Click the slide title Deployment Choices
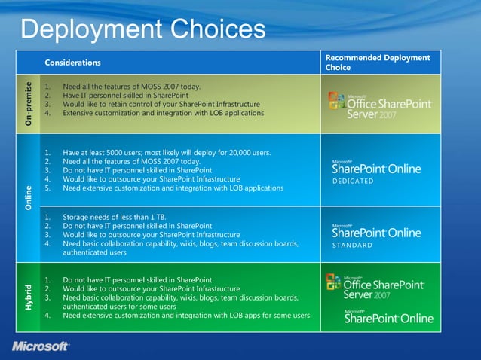(x=143, y=29)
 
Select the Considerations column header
(x=72, y=63)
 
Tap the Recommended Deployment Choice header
(x=377, y=63)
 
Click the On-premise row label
(x=29, y=104)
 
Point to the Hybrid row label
(x=29, y=298)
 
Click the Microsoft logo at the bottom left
(x=41, y=346)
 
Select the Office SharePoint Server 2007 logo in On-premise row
(x=380, y=105)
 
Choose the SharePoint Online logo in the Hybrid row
(x=388, y=317)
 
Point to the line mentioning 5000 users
(x=166, y=153)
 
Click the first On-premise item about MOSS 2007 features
(x=131, y=87)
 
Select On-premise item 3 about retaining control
(x=161, y=105)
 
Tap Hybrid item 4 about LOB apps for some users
(x=185, y=316)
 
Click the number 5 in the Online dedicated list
(x=47, y=188)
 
